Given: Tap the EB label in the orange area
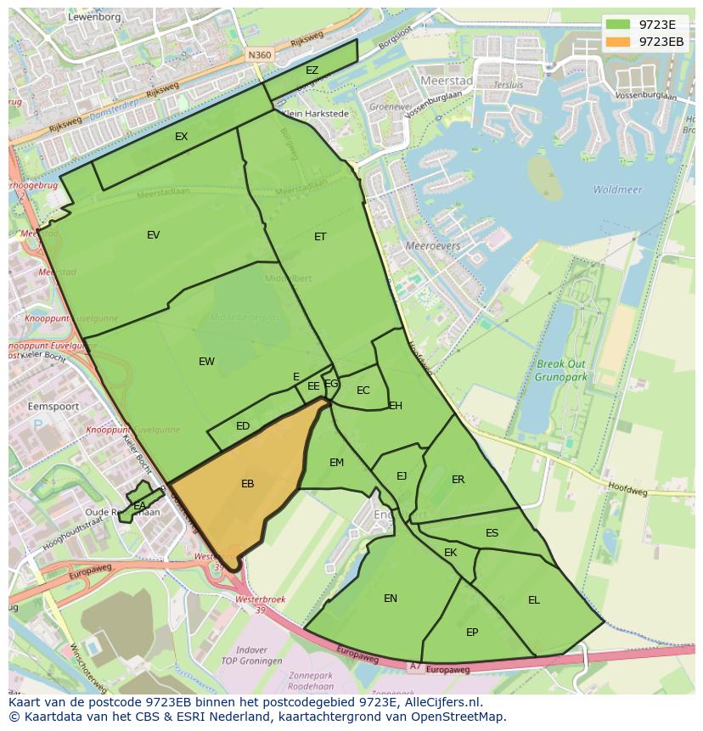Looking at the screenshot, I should click(x=247, y=484).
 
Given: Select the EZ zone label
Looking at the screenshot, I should click(x=312, y=70).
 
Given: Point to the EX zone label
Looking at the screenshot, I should click(x=181, y=136).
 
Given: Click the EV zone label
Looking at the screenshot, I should click(x=153, y=235).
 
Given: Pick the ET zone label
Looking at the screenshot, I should click(x=320, y=237).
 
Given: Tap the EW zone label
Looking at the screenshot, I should click(x=206, y=362).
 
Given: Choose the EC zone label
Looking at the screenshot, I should click(x=363, y=391).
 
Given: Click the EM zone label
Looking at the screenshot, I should click(x=336, y=463).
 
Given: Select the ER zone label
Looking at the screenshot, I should click(x=458, y=480).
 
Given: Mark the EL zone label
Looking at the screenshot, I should click(x=533, y=600).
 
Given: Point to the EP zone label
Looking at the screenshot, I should click(x=472, y=633).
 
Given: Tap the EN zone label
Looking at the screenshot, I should click(x=390, y=599).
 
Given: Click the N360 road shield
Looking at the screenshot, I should click(x=260, y=55).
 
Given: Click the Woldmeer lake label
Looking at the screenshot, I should click(x=617, y=190).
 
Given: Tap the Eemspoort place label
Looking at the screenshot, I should click(x=53, y=407).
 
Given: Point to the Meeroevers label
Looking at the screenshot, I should click(x=433, y=246).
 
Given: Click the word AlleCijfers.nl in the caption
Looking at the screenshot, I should click(x=441, y=702).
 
